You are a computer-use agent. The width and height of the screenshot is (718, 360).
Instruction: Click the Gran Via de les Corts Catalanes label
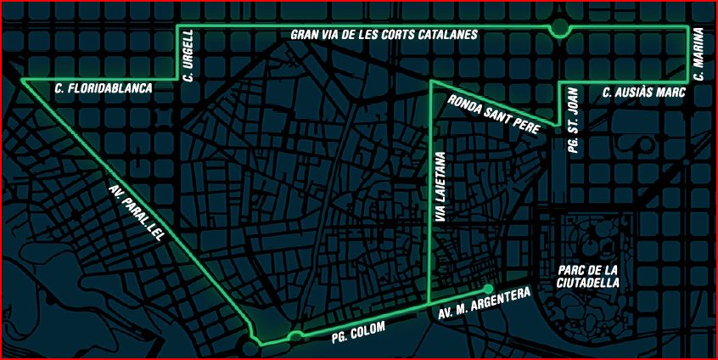[x=384, y=35]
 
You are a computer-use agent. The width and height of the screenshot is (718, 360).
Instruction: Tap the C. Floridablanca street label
[x=103, y=87]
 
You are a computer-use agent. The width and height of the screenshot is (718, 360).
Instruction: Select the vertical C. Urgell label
[x=189, y=55]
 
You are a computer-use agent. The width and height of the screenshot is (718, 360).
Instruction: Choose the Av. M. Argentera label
[x=485, y=304]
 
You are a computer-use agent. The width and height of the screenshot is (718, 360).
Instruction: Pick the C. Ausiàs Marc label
[x=642, y=92]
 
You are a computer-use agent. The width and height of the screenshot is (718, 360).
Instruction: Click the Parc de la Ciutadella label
[x=589, y=276]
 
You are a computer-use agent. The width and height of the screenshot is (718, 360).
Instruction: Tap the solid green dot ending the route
[x=488, y=288]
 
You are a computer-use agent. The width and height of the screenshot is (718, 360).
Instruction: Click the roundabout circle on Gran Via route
[x=558, y=28]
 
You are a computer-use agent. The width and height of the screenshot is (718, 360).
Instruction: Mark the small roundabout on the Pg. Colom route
[x=295, y=336]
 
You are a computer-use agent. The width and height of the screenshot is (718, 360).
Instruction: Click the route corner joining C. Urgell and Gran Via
[x=177, y=27]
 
